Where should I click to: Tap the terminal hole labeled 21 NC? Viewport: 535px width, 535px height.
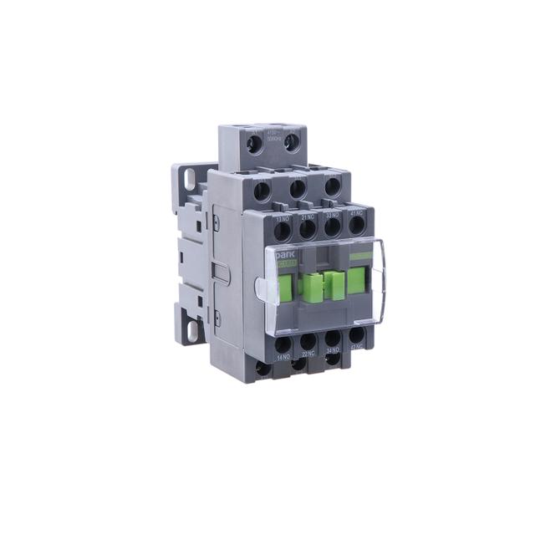308,227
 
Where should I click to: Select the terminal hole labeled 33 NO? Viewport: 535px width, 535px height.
334,227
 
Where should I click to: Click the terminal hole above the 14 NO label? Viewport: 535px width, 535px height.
283,344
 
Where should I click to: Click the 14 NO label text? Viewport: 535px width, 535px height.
283,358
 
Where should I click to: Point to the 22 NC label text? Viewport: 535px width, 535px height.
308,357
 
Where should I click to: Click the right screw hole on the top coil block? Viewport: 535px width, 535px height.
290,143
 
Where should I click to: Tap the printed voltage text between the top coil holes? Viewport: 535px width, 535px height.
271,135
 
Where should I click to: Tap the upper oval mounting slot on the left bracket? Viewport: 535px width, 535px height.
189,178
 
